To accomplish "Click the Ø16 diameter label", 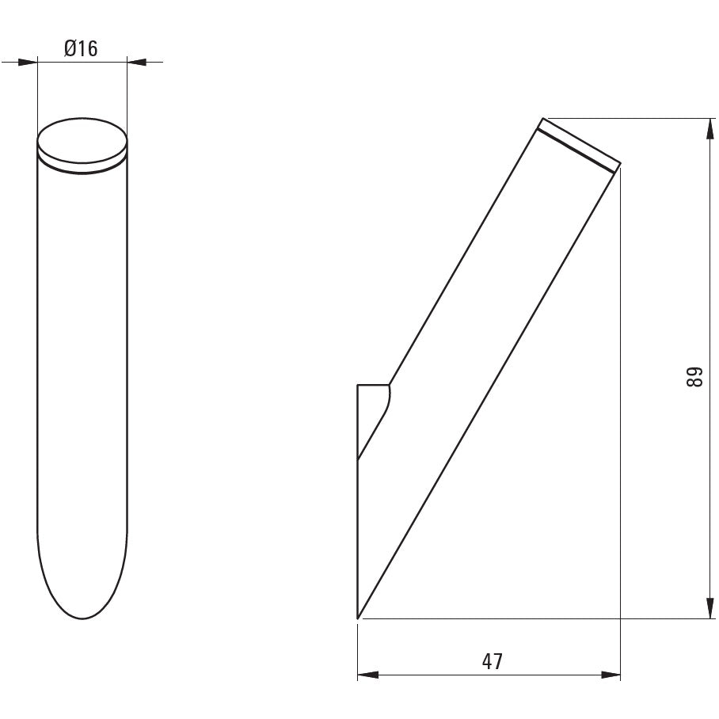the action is [81, 48].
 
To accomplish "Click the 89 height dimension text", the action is [694, 377].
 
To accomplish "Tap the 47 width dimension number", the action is [492, 661].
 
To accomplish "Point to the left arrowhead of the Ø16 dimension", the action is [28, 62].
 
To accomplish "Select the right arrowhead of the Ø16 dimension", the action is [137, 62].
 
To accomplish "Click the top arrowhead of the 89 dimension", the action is [710, 128].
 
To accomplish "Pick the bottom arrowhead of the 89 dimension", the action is [710, 608].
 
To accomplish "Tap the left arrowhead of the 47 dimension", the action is [367, 675].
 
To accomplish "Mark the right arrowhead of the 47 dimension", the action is [611, 675].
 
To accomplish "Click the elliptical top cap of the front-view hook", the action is [82, 143].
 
